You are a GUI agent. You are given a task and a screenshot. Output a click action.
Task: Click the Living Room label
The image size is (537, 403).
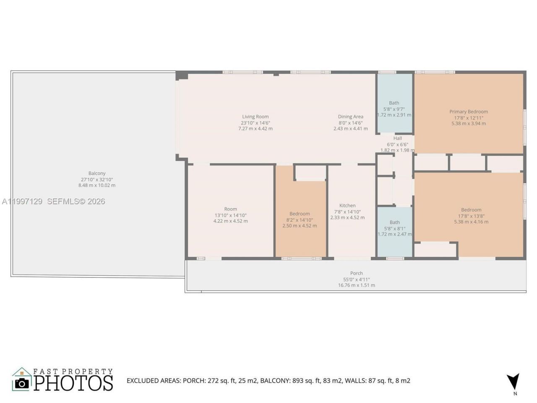tap(255, 117)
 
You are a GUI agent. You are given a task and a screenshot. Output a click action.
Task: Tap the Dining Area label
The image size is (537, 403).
tap(350, 117)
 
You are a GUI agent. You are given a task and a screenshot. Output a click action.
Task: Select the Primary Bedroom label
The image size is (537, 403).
tap(469, 112)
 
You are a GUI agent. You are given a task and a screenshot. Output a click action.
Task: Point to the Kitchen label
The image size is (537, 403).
tap(347, 206)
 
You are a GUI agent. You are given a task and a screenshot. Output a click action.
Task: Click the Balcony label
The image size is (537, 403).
tap(97, 173)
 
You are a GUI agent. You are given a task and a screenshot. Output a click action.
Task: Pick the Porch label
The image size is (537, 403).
tap(357, 273)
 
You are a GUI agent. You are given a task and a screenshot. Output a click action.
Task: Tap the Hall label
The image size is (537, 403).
tap(397, 138)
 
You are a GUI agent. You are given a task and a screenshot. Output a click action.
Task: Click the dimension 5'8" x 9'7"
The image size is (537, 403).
tap(394, 109)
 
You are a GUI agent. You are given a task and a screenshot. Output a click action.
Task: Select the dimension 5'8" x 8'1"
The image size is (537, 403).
tap(394, 228)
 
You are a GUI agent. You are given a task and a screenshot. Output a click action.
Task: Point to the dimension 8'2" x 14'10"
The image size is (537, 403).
tap(300, 220)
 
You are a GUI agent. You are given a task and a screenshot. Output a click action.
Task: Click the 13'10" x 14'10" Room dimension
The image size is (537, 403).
tap(230, 215)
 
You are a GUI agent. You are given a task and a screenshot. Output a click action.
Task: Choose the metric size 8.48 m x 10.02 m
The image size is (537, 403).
tap(97, 185)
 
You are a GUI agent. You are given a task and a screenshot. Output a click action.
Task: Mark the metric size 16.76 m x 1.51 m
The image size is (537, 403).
tap(357, 285)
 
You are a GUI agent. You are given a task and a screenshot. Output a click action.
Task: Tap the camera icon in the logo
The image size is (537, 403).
tap(21, 383)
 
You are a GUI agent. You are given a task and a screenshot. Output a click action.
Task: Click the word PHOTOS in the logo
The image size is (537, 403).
tap(73, 383)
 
